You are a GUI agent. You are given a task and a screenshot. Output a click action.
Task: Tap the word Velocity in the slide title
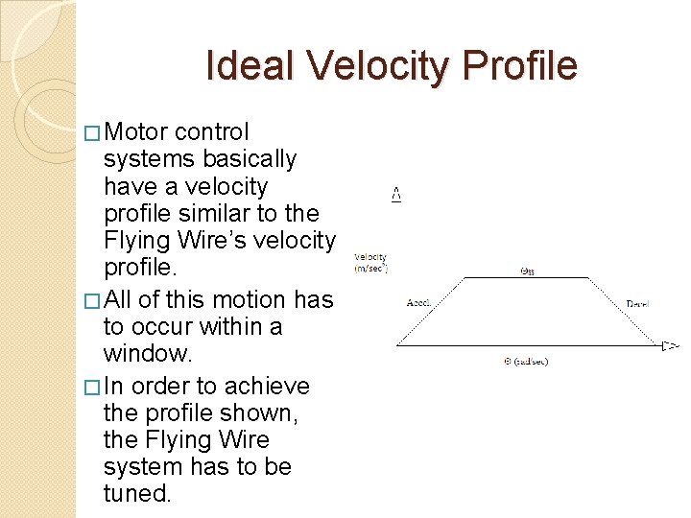(378, 66)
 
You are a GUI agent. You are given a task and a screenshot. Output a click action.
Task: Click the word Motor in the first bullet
(137, 131)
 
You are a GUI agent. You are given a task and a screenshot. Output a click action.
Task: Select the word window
(148, 353)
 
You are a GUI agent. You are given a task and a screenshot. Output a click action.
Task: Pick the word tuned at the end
(136, 493)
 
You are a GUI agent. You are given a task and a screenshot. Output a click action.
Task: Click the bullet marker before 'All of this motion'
(91, 300)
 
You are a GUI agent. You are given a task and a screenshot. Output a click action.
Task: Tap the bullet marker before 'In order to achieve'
(91, 387)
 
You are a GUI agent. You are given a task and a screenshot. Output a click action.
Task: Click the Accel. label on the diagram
(419, 303)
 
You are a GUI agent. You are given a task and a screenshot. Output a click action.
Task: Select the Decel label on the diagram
(637, 303)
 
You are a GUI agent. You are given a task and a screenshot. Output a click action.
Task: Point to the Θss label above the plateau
(527, 270)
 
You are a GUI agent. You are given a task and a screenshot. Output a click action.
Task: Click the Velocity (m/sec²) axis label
(369, 262)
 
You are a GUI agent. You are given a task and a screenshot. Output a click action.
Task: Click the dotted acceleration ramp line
(432, 310)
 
